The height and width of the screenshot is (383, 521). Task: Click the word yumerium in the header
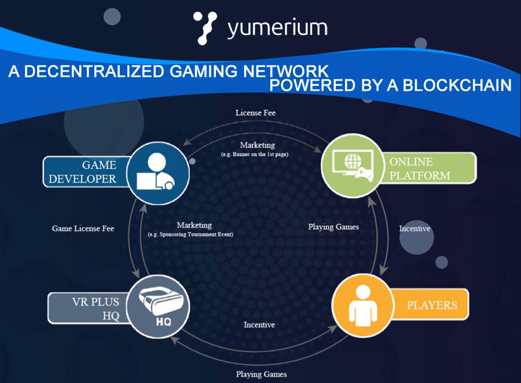pyautogui.click(x=277, y=28)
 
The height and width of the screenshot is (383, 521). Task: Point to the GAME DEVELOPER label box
pyautogui.click(x=83, y=172)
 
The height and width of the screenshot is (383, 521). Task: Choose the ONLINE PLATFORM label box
pyautogui.click(x=431, y=168)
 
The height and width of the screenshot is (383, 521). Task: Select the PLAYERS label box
pyautogui.click(x=431, y=305)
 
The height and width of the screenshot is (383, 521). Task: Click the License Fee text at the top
pyautogui.click(x=255, y=113)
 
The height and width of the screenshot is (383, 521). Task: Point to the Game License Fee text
pyautogui.click(x=83, y=229)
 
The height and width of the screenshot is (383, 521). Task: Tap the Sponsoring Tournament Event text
pyautogui.click(x=195, y=234)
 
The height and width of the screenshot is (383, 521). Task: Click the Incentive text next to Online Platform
pyautogui.click(x=414, y=229)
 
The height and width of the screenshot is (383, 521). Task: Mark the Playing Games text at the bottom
pyautogui.click(x=261, y=374)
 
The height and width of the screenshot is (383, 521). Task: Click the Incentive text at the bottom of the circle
pyautogui.click(x=259, y=325)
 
